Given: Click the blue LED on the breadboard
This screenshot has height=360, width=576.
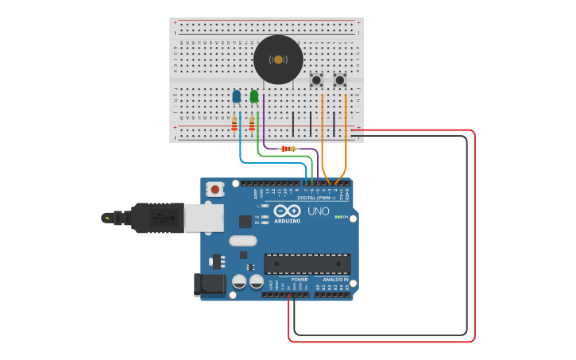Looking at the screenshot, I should (x=236, y=96).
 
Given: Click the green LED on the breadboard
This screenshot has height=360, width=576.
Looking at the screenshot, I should (x=253, y=96).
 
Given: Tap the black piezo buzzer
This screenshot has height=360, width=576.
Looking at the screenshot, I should (x=278, y=60).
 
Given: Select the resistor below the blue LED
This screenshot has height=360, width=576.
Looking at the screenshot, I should (x=234, y=124).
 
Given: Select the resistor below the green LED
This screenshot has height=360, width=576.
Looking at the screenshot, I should (x=252, y=124).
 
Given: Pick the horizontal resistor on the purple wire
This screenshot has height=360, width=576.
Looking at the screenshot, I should (x=288, y=149).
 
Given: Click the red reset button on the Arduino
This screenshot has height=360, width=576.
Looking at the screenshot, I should (x=215, y=189).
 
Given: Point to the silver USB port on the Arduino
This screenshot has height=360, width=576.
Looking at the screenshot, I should (x=203, y=217).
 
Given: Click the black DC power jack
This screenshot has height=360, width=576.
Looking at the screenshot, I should (x=207, y=285).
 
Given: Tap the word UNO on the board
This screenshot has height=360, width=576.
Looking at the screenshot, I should (x=318, y=211).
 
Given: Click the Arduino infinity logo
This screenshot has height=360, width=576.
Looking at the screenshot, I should (x=287, y=211).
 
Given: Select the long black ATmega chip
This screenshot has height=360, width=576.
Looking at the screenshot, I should (x=307, y=264).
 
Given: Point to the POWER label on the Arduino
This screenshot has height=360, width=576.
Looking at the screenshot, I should (x=300, y=280).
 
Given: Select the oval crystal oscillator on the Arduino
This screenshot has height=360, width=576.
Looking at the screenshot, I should (x=243, y=240).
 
